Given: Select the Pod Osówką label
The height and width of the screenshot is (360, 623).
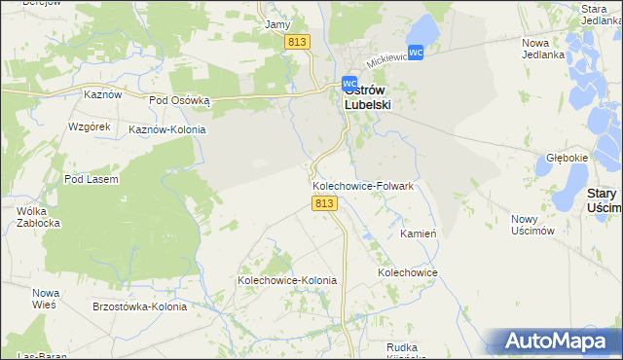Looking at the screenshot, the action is click(x=179, y=99).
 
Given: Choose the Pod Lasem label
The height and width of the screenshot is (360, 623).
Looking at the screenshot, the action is click(x=91, y=179).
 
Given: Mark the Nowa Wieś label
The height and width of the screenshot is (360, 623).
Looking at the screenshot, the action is click(x=45, y=299).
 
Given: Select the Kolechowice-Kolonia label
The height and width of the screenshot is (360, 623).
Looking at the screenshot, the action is click(x=287, y=280).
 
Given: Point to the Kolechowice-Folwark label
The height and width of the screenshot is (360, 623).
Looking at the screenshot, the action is click(x=363, y=185).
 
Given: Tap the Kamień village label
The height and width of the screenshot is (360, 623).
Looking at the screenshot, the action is click(x=417, y=234).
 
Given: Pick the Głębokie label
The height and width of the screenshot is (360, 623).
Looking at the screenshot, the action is click(x=567, y=158).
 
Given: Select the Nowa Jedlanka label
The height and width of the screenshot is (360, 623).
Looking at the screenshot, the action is click(x=543, y=49).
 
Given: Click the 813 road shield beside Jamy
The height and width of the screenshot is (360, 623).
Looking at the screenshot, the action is click(x=298, y=42).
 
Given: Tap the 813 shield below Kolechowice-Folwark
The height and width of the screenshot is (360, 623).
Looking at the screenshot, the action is click(x=325, y=203).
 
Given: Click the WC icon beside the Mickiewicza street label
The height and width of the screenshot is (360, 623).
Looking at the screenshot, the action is click(x=416, y=52).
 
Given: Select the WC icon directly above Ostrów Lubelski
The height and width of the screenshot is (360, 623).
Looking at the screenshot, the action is click(x=349, y=84).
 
